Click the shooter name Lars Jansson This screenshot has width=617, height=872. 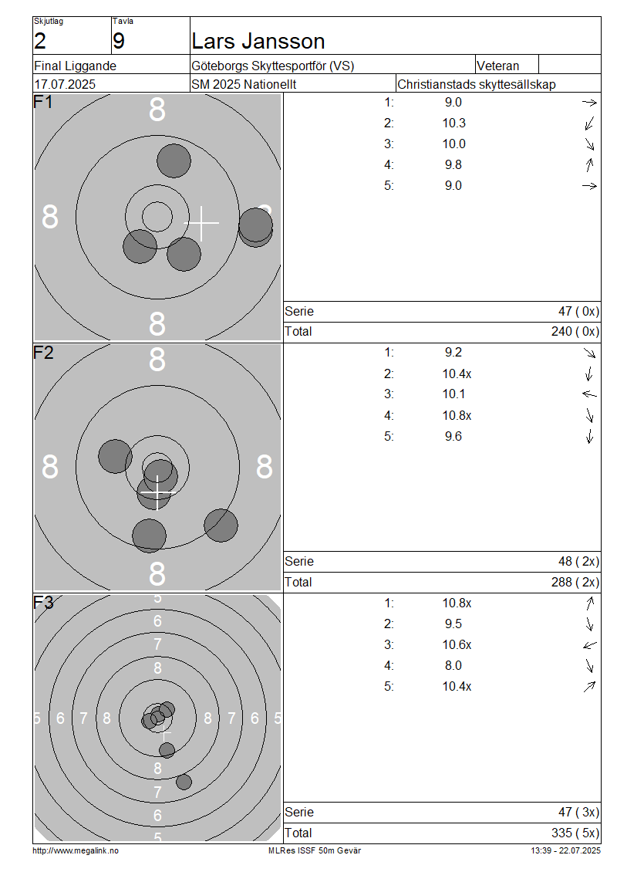[x=258, y=41]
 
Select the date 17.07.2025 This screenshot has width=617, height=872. [x=65, y=85]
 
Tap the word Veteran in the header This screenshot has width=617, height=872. [x=498, y=66]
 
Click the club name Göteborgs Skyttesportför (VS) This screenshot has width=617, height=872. [x=273, y=66]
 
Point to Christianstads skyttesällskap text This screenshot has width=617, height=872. [x=477, y=85]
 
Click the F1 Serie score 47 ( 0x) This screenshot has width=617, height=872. [x=578, y=312]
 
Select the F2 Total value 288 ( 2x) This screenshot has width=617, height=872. [x=575, y=583]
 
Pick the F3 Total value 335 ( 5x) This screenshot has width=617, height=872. [x=575, y=833]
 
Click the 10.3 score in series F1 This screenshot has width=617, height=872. [x=453, y=123]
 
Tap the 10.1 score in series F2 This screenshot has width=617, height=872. [x=453, y=394]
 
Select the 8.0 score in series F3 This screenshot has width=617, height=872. [x=453, y=666]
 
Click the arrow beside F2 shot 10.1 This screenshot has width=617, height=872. [x=589, y=394]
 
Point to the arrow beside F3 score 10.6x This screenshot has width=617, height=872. [x=589, y=645]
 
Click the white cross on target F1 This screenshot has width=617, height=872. [x=201, y=223]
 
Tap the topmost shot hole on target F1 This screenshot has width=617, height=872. [x=174, y=161]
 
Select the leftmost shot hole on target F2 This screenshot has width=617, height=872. [x=115, y=456]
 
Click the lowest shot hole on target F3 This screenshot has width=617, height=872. [x=184, y=782]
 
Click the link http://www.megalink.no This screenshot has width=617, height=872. [x=76, y=851]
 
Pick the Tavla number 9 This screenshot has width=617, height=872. [x=119, y=41]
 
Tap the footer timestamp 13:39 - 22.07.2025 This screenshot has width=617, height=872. [x=565, y=851]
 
